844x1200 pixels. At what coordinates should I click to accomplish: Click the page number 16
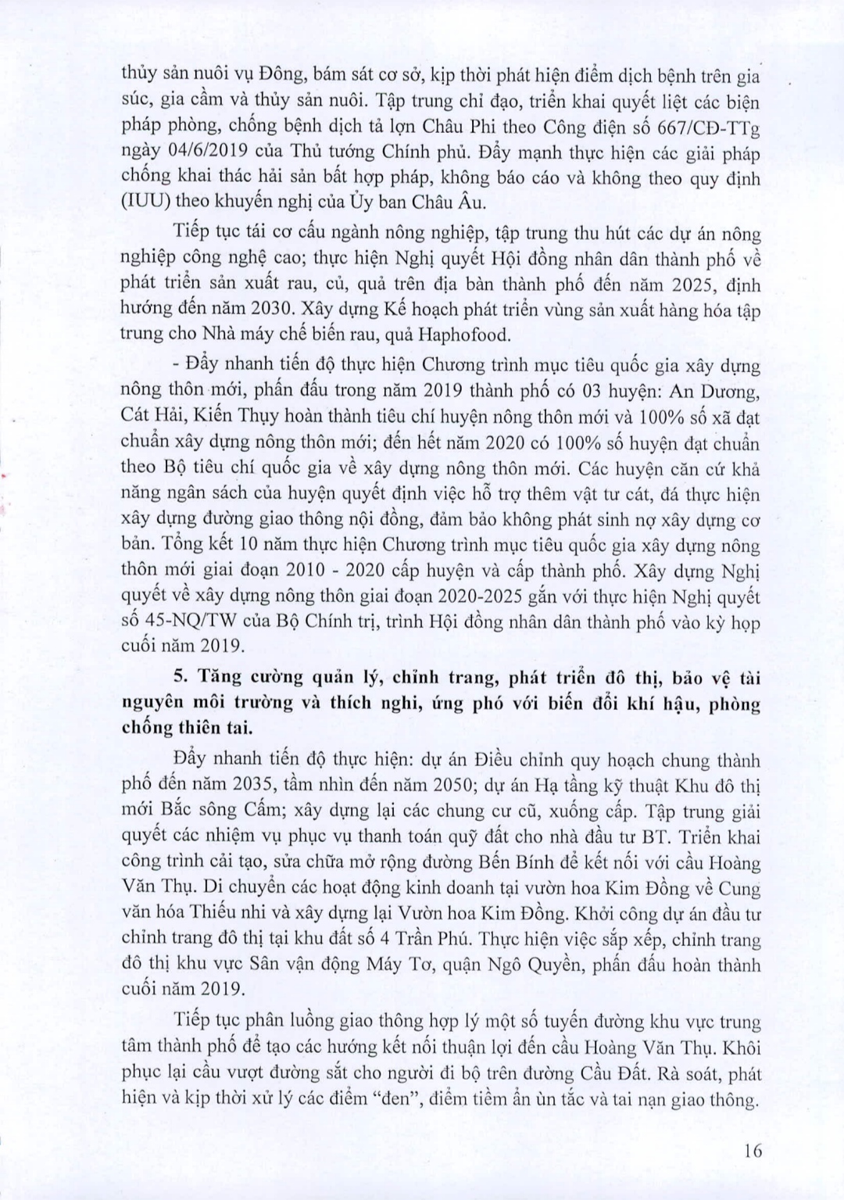coord(753,1150)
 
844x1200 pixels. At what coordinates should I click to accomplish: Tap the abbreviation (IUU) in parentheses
coord(145,202)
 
